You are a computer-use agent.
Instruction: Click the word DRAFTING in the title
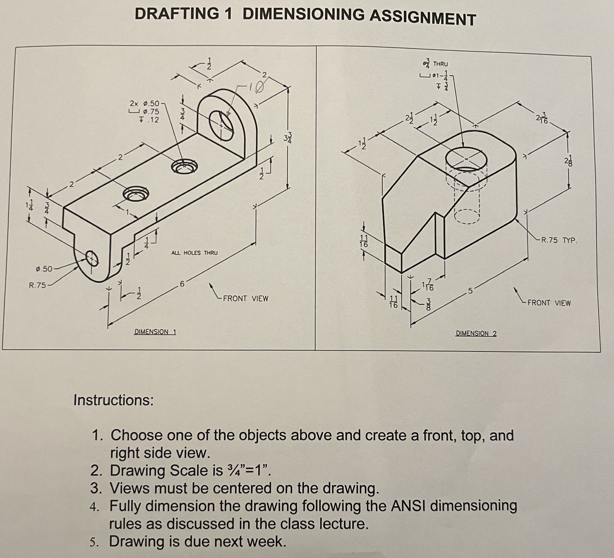click(177, 14)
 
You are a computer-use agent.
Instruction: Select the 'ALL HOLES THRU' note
click(194, 253)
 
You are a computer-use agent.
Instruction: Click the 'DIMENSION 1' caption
click(155, 332)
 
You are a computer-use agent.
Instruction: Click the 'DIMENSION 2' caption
click(476, 333)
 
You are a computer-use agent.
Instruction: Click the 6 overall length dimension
click(182, 284)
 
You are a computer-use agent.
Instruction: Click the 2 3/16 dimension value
click(542, 118)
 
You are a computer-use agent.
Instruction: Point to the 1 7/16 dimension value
click(428, 285)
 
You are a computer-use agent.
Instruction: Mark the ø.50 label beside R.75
click(44, 269)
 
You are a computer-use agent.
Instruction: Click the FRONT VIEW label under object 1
click(246, 298)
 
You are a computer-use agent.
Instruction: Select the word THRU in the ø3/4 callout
click(440, 64)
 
